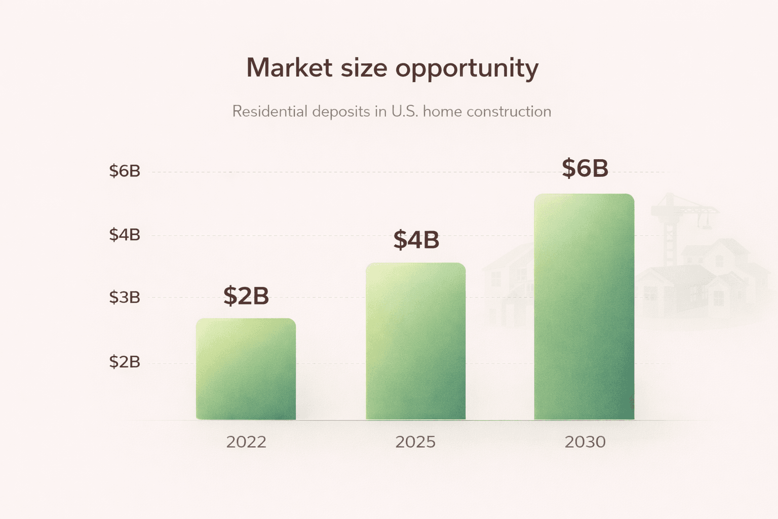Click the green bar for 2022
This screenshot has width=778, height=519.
click(246, 369)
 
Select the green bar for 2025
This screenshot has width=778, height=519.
click(416, 341)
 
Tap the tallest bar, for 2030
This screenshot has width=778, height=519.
click(584, 307)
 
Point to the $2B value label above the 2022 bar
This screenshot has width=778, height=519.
click(246, 296)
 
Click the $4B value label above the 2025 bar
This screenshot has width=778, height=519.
click(416, 240)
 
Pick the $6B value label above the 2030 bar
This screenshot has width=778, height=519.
click(585, 168)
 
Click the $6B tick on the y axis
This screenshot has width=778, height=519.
click(125, 171)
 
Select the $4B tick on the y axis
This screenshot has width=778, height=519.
click(125, 235)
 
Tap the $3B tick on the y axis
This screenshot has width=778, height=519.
click(125, 298)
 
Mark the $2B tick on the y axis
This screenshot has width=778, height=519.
click(125, 362)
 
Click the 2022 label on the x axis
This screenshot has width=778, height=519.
click(246, 442)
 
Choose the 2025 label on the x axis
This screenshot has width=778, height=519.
click(415, 442)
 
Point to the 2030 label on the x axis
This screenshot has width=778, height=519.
click(585, 442)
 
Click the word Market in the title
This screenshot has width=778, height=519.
click(289, 67)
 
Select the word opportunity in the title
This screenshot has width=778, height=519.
click(466, 68)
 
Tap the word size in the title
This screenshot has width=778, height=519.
click(364, 67)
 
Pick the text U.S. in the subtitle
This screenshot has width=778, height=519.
click(405, 112)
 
